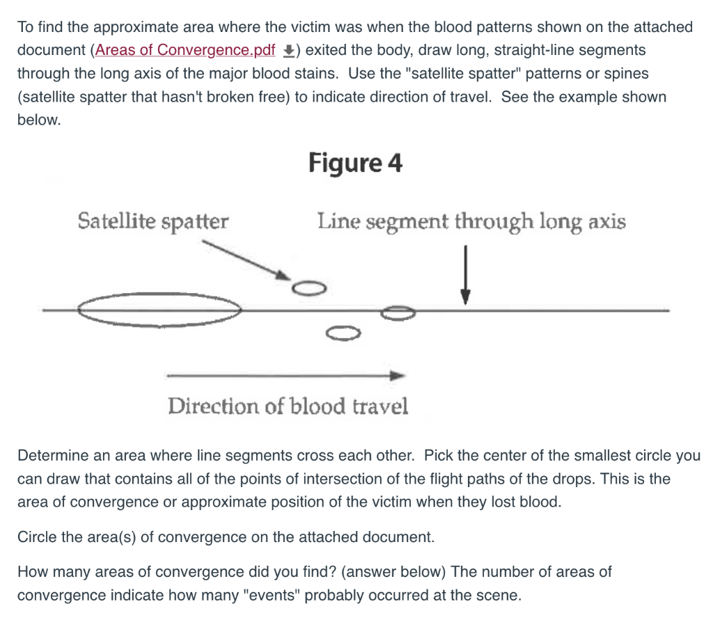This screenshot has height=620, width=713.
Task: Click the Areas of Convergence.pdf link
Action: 185,50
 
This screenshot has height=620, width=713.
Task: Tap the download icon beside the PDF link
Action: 288,51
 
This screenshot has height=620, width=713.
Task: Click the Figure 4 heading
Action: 355,164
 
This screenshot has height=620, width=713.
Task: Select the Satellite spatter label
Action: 152,222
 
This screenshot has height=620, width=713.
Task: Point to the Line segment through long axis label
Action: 471,222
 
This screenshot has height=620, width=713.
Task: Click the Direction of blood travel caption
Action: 288,406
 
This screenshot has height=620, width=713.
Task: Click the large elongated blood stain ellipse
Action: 160,310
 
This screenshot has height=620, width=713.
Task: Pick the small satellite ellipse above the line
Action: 308,287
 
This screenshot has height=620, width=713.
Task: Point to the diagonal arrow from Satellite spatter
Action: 244,259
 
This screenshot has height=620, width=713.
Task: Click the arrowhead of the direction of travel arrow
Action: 398,376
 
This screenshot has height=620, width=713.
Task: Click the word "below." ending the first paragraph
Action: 39,120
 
